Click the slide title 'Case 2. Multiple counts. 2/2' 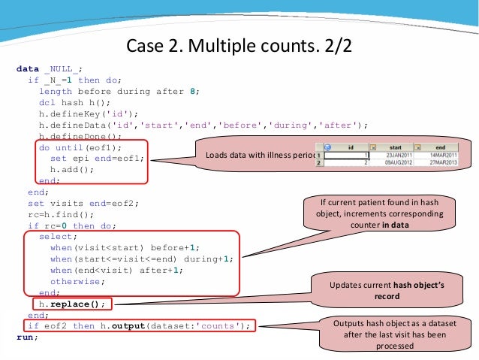click(239, 46)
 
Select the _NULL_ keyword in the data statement click(63, 68)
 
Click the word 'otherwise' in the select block click(78, 281)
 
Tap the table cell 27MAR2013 click(441, 162)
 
